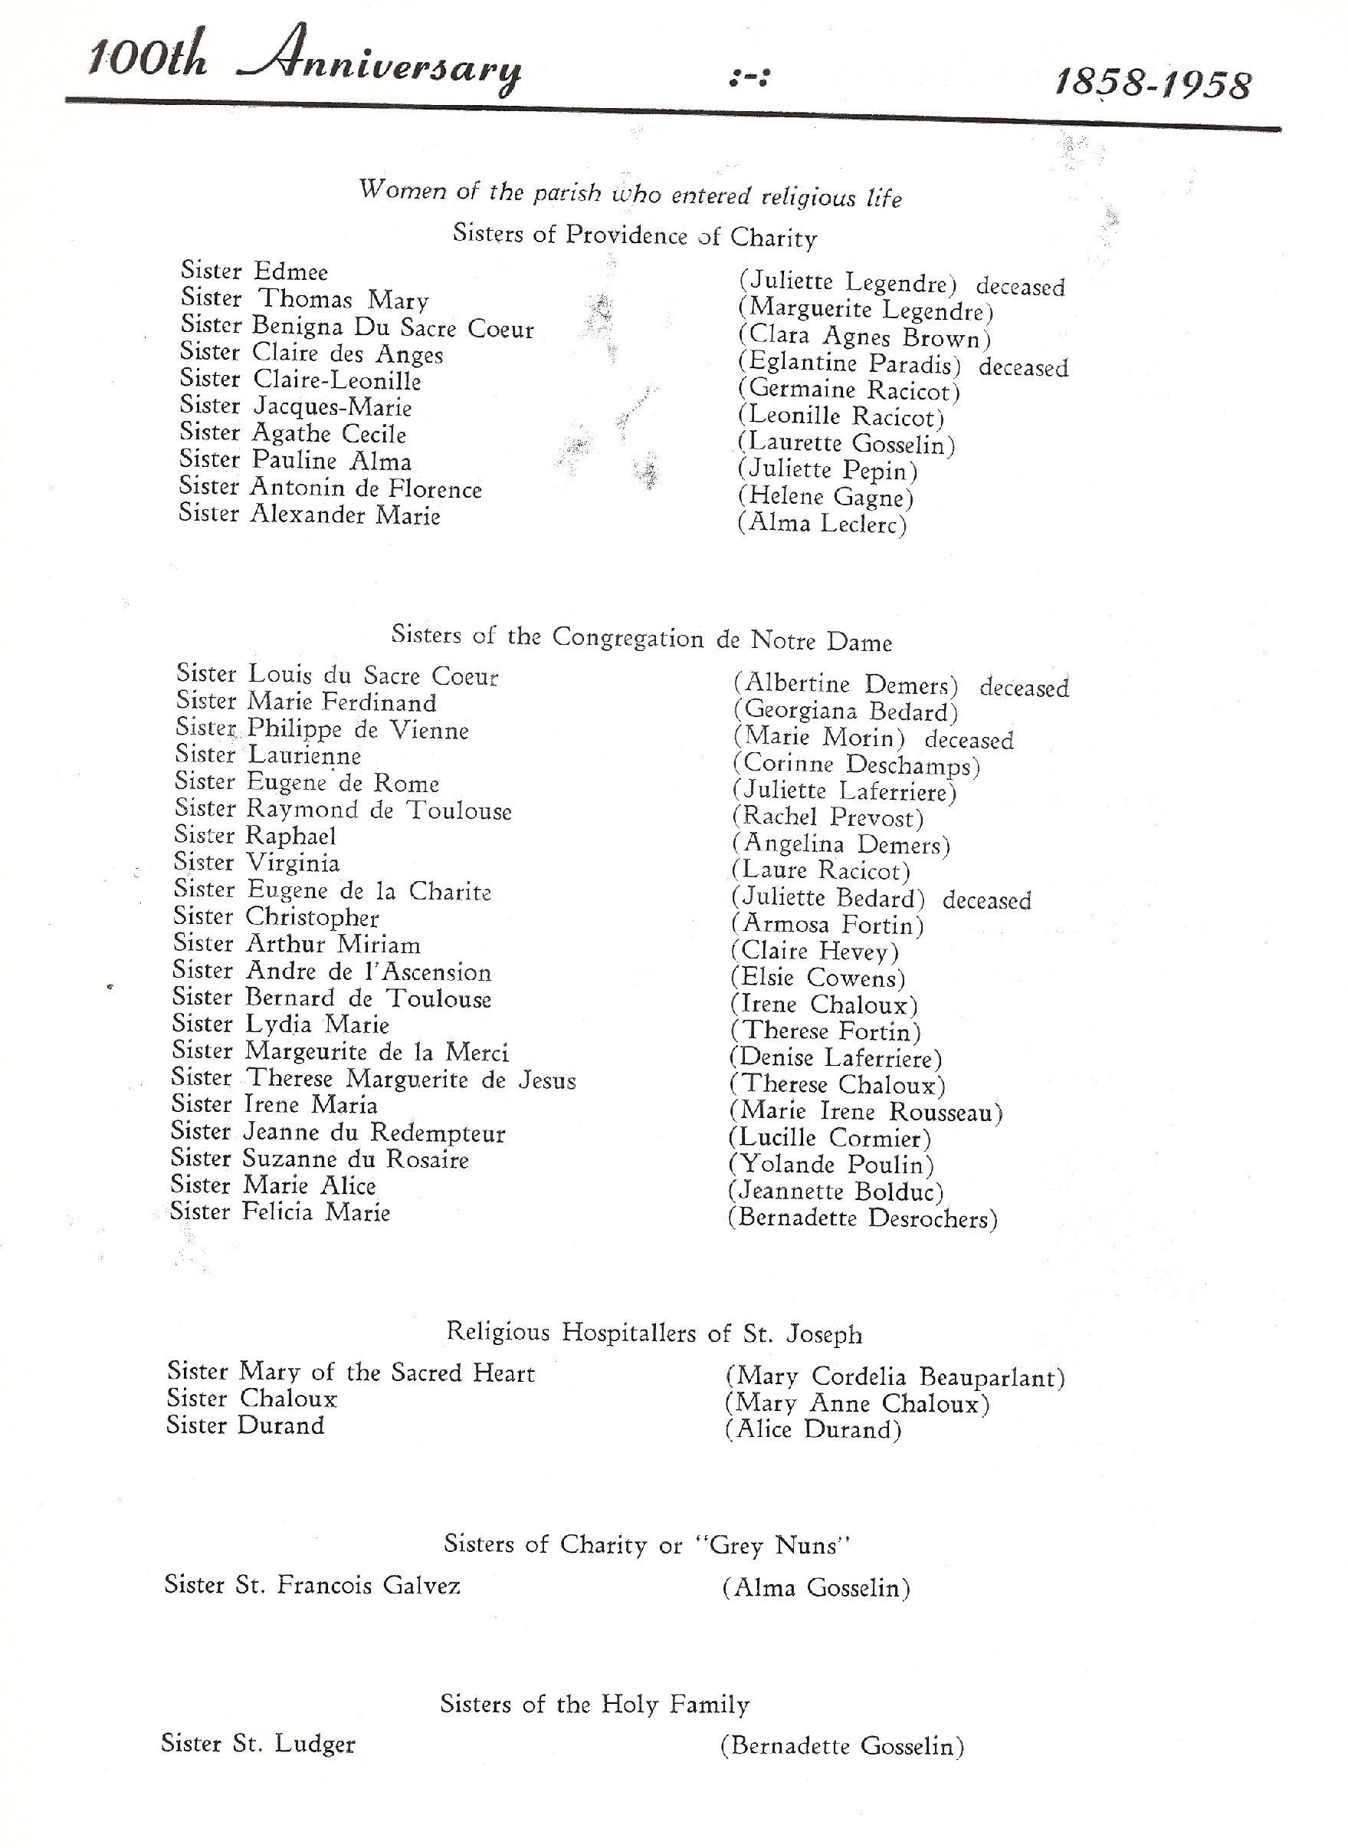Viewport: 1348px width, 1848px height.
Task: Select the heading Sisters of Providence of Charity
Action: click(x=634, y=236)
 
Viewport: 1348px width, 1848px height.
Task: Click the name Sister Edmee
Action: click(x=254, y=271)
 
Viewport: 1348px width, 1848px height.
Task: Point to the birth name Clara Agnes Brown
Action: click(x=864, y=337)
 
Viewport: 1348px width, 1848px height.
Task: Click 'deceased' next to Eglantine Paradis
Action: click(x=1023, y=367)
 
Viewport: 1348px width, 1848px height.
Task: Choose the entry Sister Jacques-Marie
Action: click(x=295, y=406)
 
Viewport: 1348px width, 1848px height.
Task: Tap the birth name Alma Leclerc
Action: click(x=822, y=523)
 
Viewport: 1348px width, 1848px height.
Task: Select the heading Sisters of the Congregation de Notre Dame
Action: click(x=641, y=637)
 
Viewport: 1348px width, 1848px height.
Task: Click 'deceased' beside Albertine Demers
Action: click(x=1024, y=688)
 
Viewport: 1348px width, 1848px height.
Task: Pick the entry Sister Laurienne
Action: click(x=267, y=755)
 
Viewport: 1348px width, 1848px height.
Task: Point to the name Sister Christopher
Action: click(x=276, y=917)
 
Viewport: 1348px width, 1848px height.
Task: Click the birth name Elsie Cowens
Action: click(x=818, y=978)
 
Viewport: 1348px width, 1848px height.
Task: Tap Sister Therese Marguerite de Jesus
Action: click(x=373, y=1079)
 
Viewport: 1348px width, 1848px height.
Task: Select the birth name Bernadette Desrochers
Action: click(x=862, y=1218)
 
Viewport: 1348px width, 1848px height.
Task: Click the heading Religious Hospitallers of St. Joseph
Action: click(x=654, y=1333)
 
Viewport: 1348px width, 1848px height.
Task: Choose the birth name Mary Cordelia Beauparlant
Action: click(x=894, y=1377)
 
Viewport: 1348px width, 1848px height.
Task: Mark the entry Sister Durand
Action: click(x=245, y=1425)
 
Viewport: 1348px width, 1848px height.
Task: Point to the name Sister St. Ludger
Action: click(x=257, y=1744)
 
